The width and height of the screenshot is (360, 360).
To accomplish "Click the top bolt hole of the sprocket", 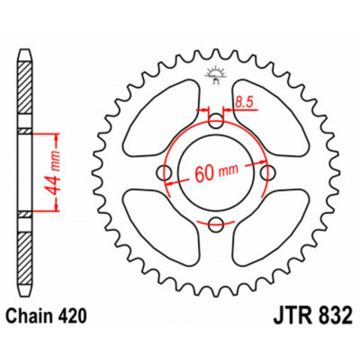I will tap(216, 119).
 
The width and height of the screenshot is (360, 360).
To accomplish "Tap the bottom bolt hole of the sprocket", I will tap(216, 222).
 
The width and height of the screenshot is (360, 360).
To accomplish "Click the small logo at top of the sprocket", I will tap(216, 73).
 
